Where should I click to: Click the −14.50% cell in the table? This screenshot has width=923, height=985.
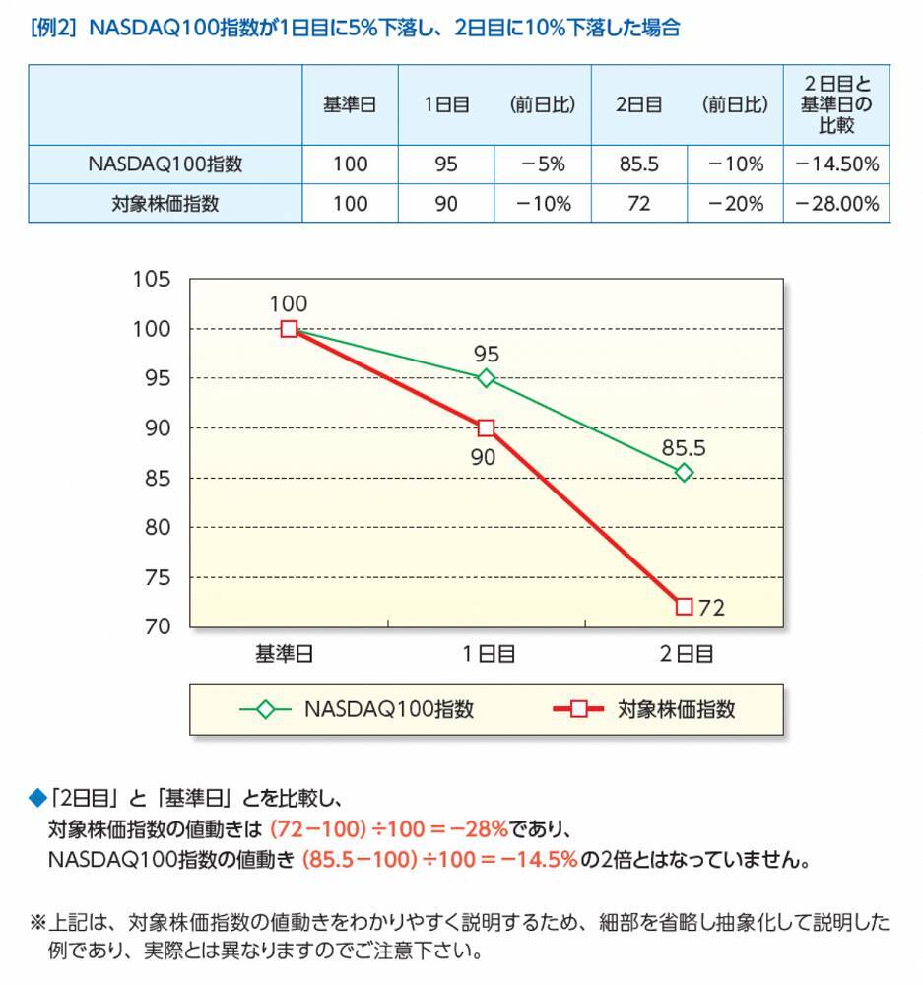(x=836, y=164)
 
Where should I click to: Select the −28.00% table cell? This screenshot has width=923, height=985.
(x=836, y=204)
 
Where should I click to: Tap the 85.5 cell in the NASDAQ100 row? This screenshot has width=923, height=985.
(x=638, y=164)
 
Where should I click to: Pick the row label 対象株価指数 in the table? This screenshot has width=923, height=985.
(x=165, y=204)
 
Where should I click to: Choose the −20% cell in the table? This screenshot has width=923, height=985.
(x=735, y=204)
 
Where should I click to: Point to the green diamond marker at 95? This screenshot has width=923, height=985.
(x=486, y=378)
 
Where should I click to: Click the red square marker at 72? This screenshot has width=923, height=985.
(x=685, y=607)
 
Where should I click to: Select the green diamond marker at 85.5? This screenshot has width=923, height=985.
(x=685, y=473)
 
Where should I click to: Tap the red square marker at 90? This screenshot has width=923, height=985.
(x=486, y=428)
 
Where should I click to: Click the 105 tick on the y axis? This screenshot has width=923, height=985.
(x=152, y=280)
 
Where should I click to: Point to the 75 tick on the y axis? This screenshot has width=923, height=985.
(x=157, y=577)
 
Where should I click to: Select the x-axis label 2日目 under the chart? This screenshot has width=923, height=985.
(x=685, y=653)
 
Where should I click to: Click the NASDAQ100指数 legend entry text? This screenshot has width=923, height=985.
(x=389, y=709)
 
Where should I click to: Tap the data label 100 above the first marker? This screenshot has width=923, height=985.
(x=289, y=304)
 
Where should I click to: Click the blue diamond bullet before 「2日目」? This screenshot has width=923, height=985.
(x=38, y=796)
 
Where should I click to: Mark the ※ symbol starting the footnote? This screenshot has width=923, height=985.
(x=38, y=924)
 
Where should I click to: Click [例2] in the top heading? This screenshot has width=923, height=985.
(x=54, y=28)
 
